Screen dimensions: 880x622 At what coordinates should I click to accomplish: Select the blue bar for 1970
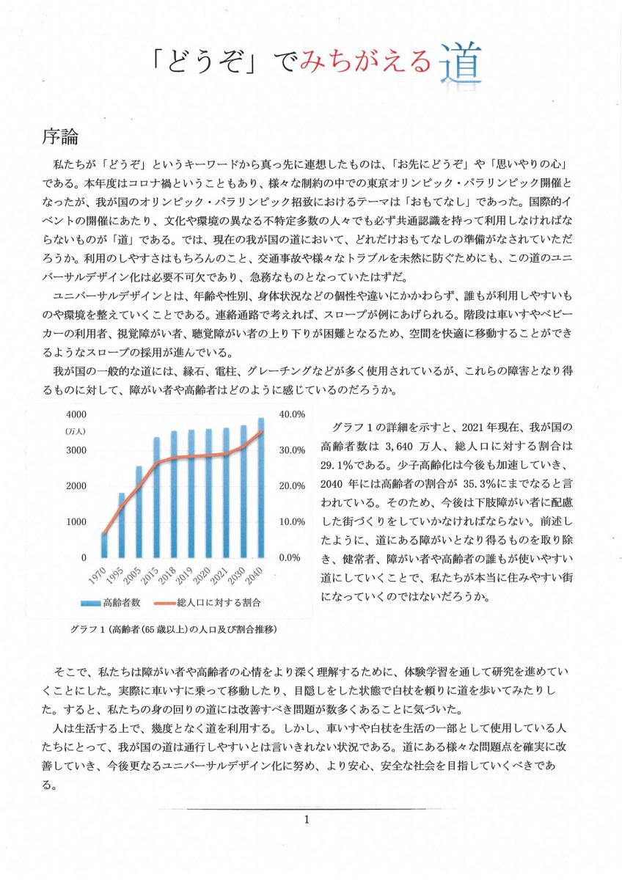coord(105,545)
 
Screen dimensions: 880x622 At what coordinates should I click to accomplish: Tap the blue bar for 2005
coord(139,512)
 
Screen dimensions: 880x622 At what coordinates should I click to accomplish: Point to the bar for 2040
coord(260,488)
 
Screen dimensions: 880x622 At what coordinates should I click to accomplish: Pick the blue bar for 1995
coord(122,525)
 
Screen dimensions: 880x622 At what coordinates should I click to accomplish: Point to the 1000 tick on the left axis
coord(76,522)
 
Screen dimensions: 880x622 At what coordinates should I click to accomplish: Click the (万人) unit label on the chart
coord(76,430)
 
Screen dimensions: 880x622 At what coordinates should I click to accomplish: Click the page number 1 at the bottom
coord(307,819)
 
